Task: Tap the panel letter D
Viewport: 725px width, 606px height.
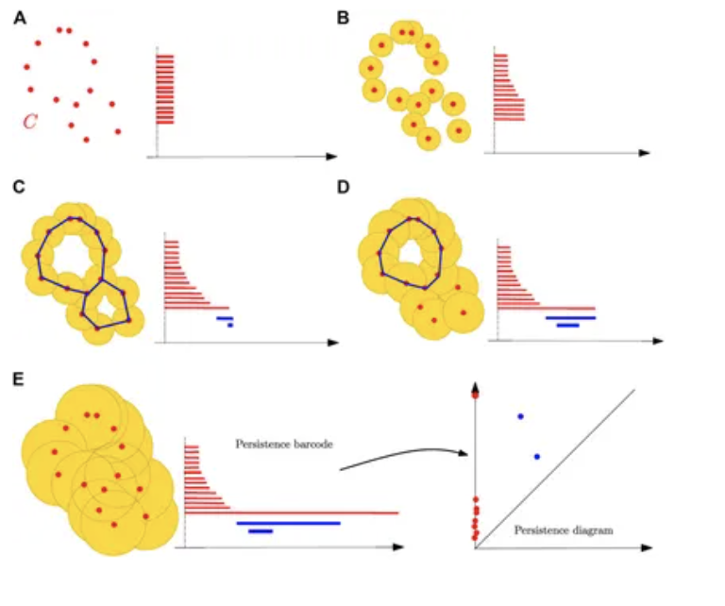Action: [x=344, y=186]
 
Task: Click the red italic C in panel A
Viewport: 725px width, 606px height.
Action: [x=30, y=122]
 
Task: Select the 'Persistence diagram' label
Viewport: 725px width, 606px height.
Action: [x=564, y=530]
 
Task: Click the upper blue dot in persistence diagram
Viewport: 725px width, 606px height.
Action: [x=520, y=416]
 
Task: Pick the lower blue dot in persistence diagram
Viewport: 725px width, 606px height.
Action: [x=537, y=457]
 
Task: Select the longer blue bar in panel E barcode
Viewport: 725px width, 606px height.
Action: [x=288, y=522]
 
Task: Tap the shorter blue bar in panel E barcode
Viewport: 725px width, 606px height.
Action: [x=261, y=530]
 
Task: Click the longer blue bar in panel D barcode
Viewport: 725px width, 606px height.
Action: [x=570, y=318]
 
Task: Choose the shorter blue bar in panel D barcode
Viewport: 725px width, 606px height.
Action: [x=567, y=326]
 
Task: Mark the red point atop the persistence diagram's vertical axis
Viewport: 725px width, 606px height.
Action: [x=476, y=395]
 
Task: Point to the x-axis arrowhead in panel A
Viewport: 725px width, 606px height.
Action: [x=331, y=154]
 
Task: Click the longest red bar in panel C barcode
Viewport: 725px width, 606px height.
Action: [x=197, y=308]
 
